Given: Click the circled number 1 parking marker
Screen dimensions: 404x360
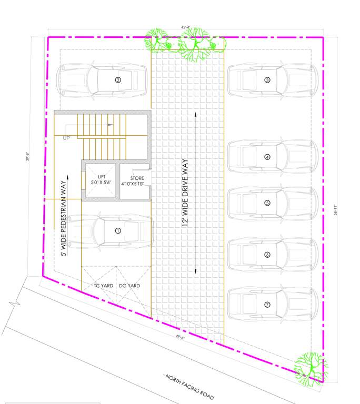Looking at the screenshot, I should pos(118,230).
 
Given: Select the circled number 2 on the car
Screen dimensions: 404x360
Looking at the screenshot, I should pos(118,80).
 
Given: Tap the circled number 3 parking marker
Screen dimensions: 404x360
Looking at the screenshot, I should pos(267,80).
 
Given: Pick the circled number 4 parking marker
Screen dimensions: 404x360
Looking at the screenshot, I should pos(267,157).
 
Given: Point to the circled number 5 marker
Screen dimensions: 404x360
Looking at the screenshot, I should pos(267,203).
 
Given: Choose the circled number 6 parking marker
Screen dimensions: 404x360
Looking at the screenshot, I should pos(267,255).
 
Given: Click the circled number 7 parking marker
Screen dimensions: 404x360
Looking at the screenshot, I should pos(267,305).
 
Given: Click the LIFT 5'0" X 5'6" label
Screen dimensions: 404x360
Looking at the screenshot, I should pos(102,179).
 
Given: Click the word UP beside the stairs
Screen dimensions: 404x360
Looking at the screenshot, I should pos(66,138).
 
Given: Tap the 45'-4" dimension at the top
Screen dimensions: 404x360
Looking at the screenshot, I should pos(185,27).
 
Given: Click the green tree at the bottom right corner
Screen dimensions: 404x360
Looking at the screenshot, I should pos(310,367).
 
